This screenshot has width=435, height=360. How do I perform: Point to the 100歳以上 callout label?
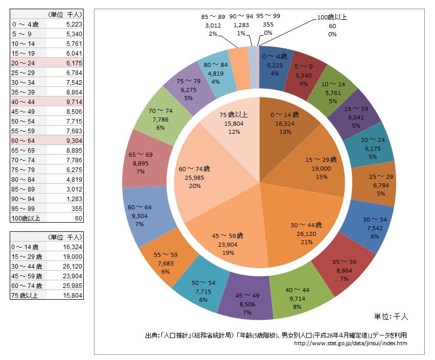pos(332,26)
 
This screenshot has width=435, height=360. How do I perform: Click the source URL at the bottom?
pos(351,344)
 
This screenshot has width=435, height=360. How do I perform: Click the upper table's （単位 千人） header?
pos(64,14)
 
